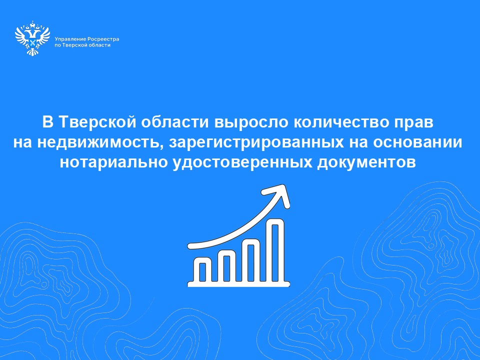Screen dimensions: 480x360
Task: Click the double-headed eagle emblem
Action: click(x=32, y=38)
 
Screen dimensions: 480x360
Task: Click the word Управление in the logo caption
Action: click(x=70, y=39)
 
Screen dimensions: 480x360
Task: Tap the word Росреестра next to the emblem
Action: click(x=103, y=39)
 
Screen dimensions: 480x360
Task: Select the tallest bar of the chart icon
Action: click(x=275, y=250)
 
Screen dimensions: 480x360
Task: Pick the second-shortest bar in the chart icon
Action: click(x=226, y=265)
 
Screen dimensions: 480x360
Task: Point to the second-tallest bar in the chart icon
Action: click(x=251, y=260)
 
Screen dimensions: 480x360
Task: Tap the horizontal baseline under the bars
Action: click(x=238, y=284)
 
